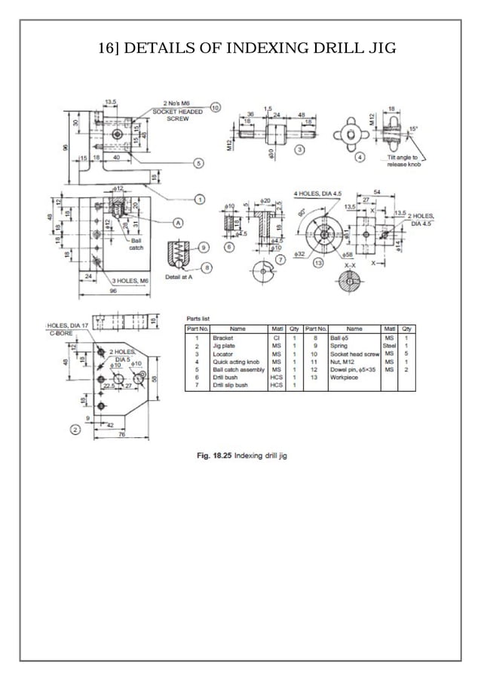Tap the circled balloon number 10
[215, 108]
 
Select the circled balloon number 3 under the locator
[299, 150]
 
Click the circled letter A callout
[179, 223]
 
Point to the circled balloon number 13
[317, 262]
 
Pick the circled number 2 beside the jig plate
[75, 430]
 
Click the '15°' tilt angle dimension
[412, 129]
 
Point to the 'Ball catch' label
[136, 243]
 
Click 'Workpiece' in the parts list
[344, 377]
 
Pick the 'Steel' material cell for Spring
[389, 346]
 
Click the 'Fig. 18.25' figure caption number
[213, 455]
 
